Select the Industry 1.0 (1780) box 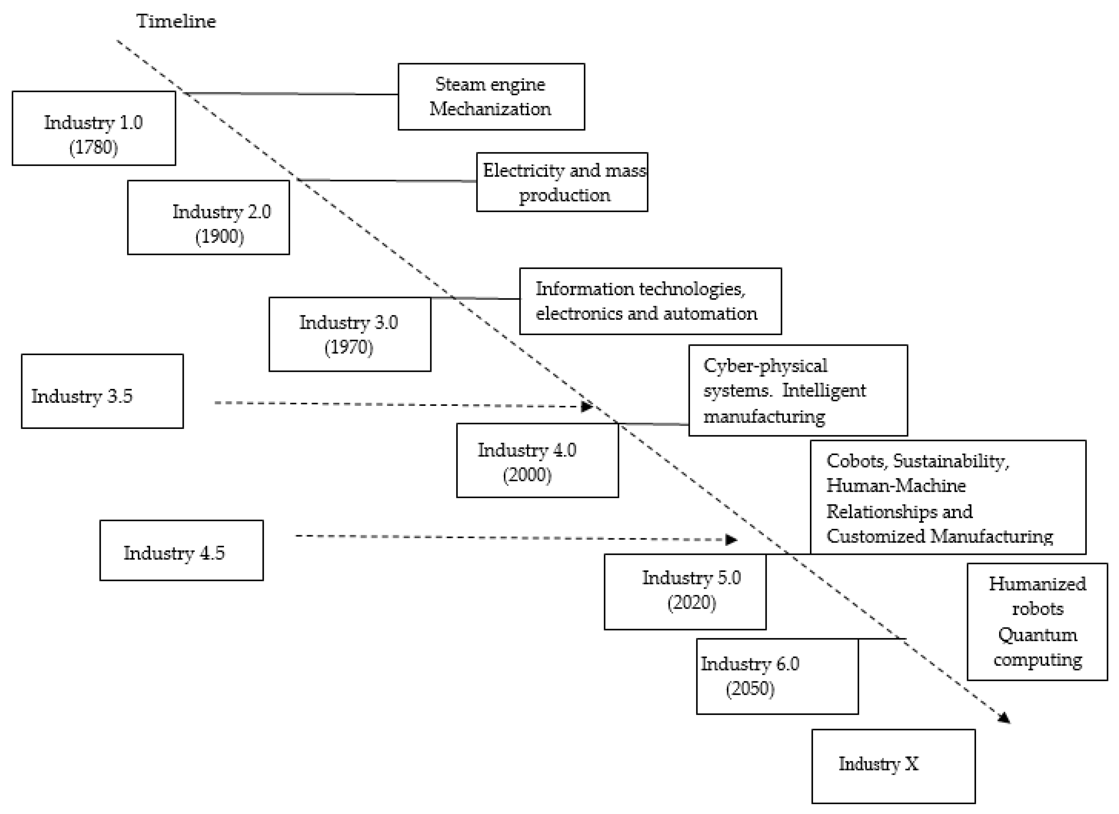click(x=94, y=128)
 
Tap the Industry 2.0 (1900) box click(x=208, y=217)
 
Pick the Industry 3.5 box click(x=102, y=391)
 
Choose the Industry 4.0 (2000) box click(x=537, y=460)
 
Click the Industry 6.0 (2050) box click(x=777, y=676)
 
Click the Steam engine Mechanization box click(x=491, y=97)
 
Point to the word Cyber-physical click(x=765, y=365)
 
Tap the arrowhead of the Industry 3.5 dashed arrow click(x=587, y=406)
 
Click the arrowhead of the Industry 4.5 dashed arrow click(x=731, y=539)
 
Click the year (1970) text click(x=349, y=347)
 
